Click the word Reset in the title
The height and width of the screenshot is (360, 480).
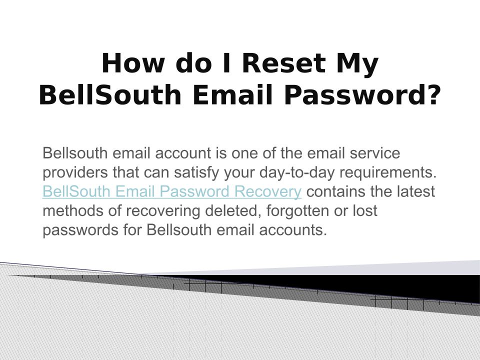pos(283,63)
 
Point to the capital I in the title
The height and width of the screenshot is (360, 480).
pos(227,63)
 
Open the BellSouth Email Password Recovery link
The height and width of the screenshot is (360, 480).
pos(172,191)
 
